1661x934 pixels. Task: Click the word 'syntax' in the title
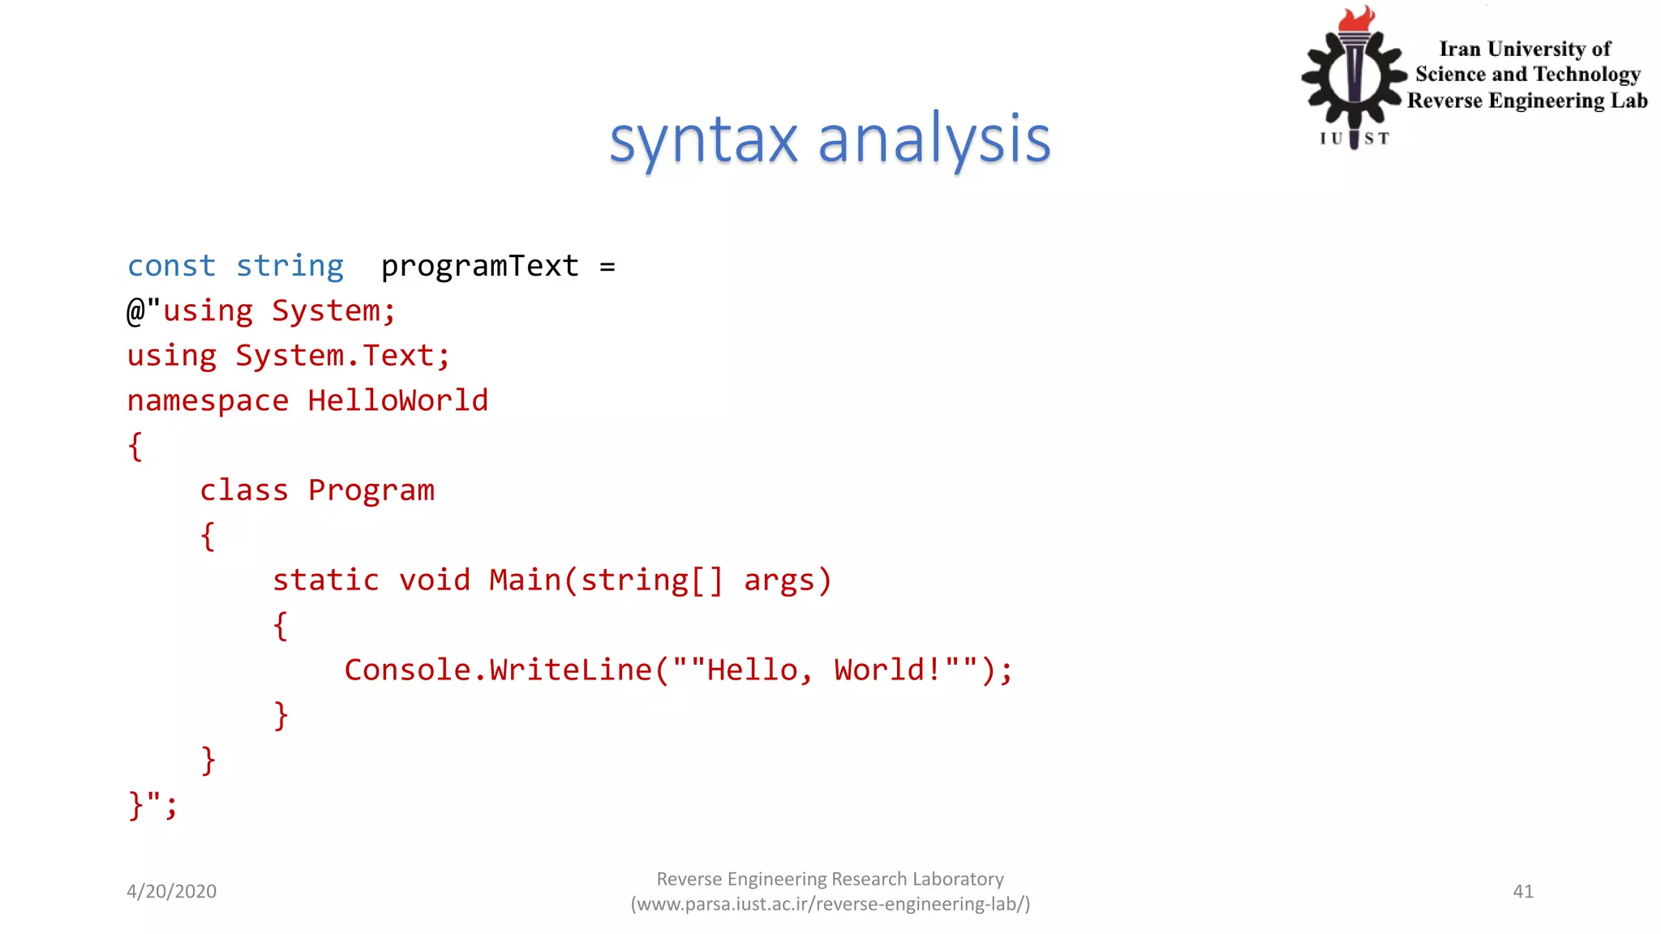[x=703, y=140]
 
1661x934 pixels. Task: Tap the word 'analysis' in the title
[x=934, y=140]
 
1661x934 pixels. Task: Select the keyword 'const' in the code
[x=171, y=266]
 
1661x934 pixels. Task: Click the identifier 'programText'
[x=480, y=266]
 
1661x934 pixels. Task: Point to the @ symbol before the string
[x=135, y=311]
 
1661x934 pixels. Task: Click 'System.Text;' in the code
[x=342, y=356]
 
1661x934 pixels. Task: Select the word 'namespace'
[x=208, y=401]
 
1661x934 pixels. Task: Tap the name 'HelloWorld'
[x=398, y=401]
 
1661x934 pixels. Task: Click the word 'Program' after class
[x=371, y=491]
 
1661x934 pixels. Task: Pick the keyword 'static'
[x=326, y=581]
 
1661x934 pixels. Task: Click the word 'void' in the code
[x=435, y=581]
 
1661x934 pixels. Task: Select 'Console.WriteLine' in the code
[x=498, y=671]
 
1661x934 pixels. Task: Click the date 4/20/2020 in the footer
[x=172, y=891]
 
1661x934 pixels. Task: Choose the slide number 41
[x=1523, y=891]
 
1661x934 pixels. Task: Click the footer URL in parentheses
[x=830, y=904]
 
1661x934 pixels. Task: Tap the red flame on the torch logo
[x=1356, y=19]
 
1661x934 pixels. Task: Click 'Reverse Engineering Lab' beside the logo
[x=1527, y=101]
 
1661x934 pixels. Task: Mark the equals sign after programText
[x=607, y=267]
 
